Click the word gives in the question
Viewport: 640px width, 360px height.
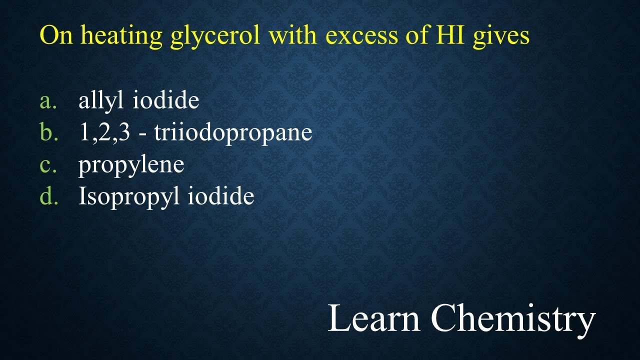click(501, 36)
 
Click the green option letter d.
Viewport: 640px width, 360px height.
click(48, 196)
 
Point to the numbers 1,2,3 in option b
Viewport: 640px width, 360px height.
click(104, 133)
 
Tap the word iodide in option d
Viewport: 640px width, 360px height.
click(221, 196)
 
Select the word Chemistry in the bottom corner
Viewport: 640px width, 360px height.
click(513, 319)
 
